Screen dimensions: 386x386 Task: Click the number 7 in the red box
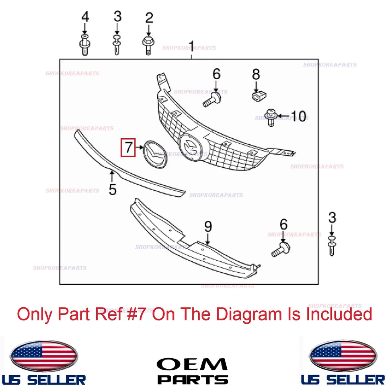(128, 148)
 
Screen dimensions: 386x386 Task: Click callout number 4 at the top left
(85, 17)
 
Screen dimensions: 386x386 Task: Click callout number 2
(149, 17)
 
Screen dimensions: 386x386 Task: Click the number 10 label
(298, 116)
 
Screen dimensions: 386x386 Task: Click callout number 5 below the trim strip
(112, 189)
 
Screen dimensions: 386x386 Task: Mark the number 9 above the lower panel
(208, 227)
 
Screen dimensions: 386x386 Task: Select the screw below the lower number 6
(281, 249)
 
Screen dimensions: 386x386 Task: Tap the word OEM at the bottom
(192, 364)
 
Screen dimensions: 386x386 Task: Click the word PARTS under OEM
(192, 379)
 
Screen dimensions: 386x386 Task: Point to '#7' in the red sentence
(145, 314)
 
